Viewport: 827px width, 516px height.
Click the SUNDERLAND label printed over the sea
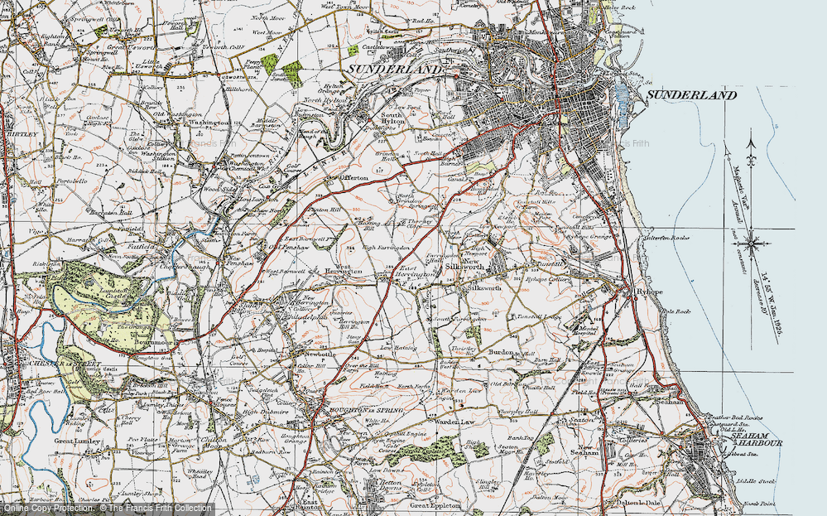[x=690, y=96]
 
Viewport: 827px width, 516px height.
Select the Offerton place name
[x=360, y=178]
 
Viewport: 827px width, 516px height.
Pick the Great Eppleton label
[x=432, y=504]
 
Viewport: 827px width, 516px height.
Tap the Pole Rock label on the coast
[x=677, y=311]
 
